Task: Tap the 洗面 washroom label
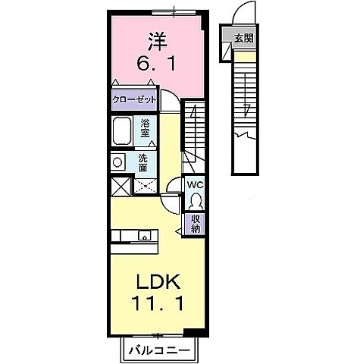tap(143, 161)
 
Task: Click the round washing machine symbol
tap(117, 161)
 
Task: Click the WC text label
tap(196, 184)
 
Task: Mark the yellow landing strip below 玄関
tap(244, 55)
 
